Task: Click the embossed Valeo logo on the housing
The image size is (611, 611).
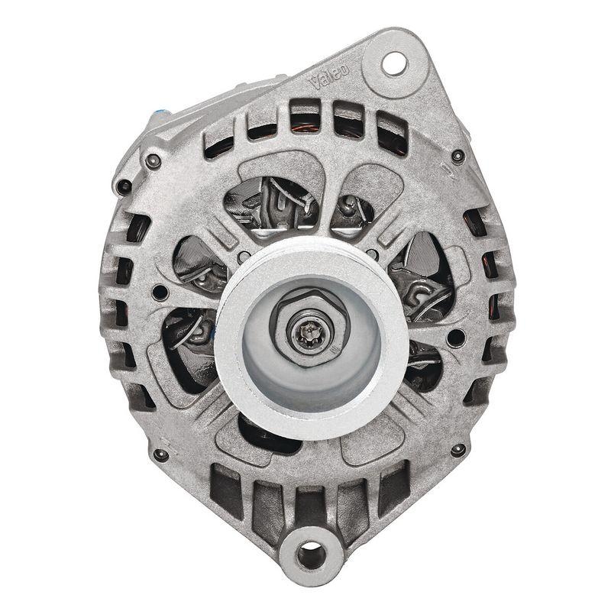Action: [x=330, y=75]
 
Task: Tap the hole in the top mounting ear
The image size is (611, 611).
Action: [x=395, y=63]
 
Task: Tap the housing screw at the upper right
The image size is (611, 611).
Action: [x=457, y=157]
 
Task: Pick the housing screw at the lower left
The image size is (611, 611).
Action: [x=160, y=454]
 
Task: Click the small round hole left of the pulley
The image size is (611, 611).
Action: [x=160, y=293]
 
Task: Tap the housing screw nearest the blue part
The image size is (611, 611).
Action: [x=154, y=160]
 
